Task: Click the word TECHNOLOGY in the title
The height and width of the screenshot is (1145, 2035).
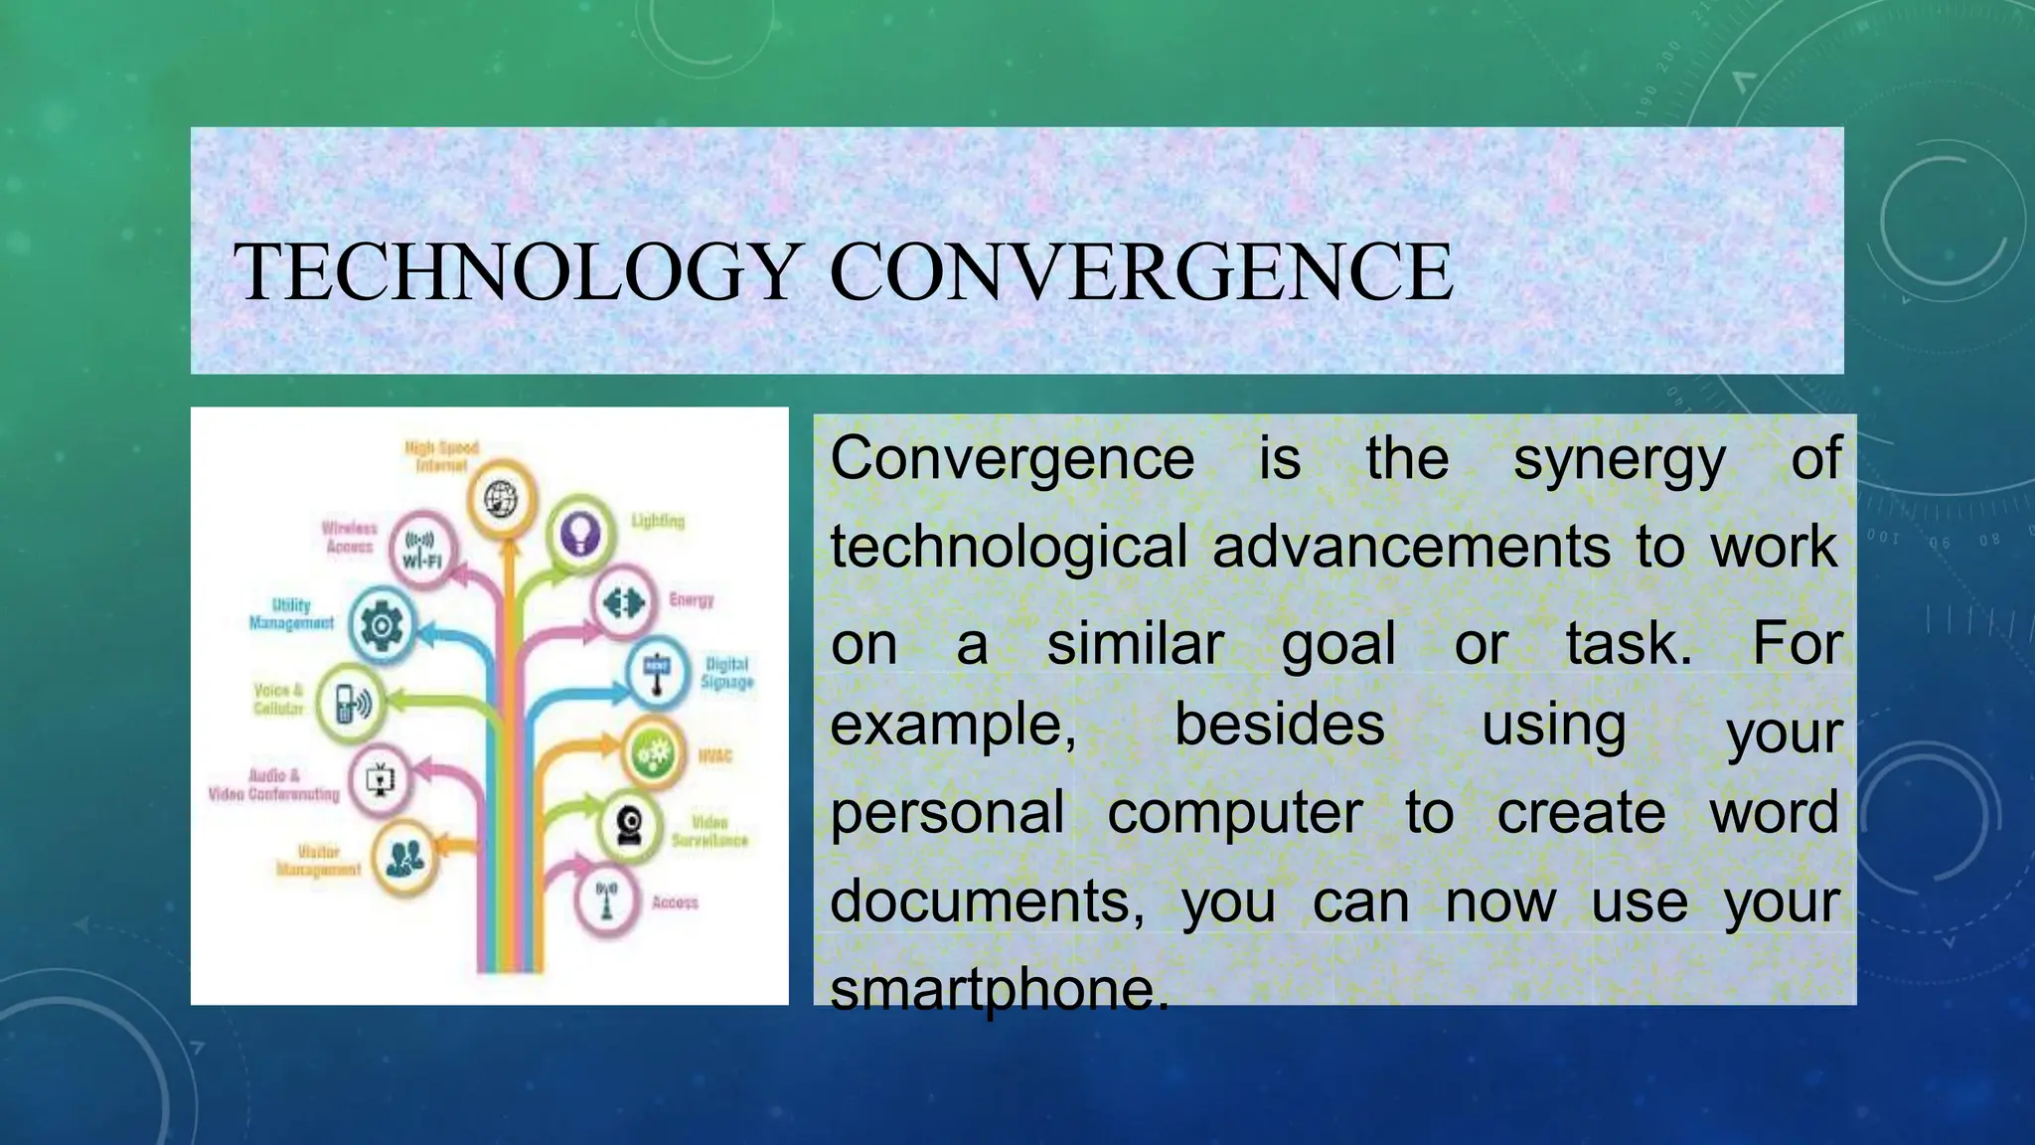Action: point(517,272)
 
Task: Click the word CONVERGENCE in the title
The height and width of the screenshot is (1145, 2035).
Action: point(1141,272)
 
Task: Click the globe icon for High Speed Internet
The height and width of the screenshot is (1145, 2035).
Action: point(502,498)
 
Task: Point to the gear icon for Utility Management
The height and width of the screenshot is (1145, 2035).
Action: point(381,624)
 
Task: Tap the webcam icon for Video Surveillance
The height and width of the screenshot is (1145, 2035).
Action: point(629,824)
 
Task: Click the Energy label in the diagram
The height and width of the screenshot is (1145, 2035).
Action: point(691,600)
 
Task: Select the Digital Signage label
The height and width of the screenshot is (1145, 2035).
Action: point(726,673)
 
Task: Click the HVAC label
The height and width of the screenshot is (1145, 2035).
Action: point(714,756)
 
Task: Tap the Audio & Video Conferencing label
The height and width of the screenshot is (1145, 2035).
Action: point(273,785)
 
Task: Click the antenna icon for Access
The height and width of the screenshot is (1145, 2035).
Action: point(606,900)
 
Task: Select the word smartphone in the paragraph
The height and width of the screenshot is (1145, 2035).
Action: point(998,990)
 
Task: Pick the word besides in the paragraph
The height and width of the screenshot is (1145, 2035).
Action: point(1279,725)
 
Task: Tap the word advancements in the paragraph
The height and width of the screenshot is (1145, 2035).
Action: point(1411,548)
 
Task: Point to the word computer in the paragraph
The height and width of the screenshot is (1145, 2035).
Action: point(1234,813)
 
